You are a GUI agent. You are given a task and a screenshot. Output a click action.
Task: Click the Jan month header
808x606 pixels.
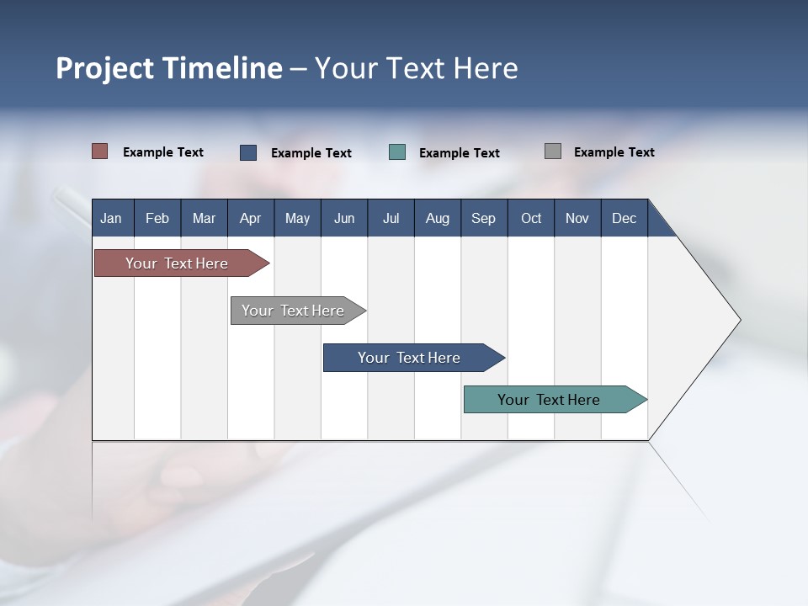click(x=111, y=218)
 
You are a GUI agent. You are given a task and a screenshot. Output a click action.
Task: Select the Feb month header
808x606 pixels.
click(x=157, y=218)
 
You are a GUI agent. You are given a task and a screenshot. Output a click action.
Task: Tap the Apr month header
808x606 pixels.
click(x=251, y=218)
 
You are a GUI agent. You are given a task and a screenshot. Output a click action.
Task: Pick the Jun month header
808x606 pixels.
click(x=344, y=218)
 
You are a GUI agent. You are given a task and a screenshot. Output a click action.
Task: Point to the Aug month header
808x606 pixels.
click(x=438, y=218)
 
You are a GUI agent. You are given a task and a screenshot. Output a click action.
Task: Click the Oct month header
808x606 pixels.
click(x=531, y=218)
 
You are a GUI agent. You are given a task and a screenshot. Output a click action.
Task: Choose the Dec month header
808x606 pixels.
click(x=625, y=218)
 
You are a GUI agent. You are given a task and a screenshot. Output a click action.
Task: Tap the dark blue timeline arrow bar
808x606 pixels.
click(x=410, y=358)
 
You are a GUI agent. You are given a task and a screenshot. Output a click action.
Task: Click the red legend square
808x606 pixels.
click(x=100, y=151)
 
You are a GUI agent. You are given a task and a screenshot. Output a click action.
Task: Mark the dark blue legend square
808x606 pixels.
click(x=248, y=152)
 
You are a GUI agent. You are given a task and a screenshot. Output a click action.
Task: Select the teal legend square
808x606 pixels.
click(x=397, y=152)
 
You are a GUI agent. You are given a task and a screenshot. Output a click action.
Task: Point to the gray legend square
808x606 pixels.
click(x=553, y=151)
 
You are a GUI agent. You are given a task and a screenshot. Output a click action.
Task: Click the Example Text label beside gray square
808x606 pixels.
click(x=614, y=152)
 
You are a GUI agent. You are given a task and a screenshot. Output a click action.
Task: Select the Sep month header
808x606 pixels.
click(x=484, y=218)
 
